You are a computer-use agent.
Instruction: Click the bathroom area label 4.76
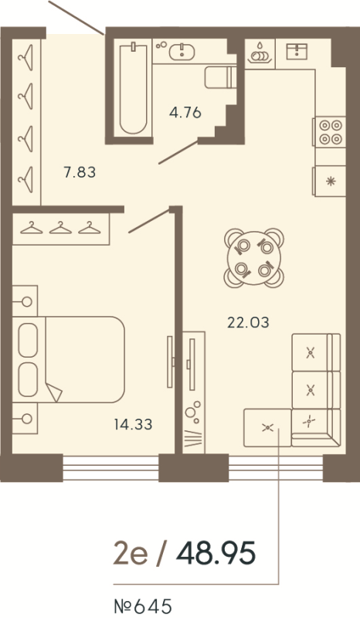(x=185, y=113)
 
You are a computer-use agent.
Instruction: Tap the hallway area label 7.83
(x=80, y=172)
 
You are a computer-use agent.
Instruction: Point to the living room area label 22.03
(x=248, y=322)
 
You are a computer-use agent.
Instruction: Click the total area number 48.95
(x=216, y=553)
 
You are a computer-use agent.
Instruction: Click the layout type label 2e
(x=128, y=553)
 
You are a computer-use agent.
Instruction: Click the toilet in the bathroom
(x=219, y=78)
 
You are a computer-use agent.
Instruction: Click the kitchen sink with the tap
(x=297, y=52)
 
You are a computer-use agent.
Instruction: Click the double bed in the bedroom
(x=73, y=358)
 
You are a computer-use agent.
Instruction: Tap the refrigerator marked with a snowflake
(x=330, y=182)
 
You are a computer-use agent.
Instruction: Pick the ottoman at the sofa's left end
(x=267, y=427)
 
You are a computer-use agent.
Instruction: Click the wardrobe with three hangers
(x=61, y=228)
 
